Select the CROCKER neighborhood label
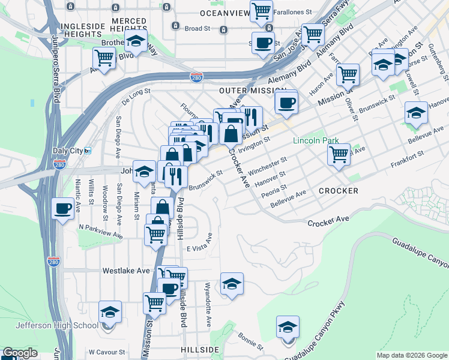click(x=339, y=191)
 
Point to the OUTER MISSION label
click(x=241, y=90)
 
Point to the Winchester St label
click(x=268, y=164)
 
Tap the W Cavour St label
click(x=106, y=352)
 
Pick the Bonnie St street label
click(x=250, y=341)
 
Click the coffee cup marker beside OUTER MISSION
click(x=286, y=101)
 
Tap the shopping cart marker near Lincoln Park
click(x=339, y=154)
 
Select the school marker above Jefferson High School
click(x=110, y=313)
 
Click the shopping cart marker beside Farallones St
click(x=261, y=11)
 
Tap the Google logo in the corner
click(x=19, y=353)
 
